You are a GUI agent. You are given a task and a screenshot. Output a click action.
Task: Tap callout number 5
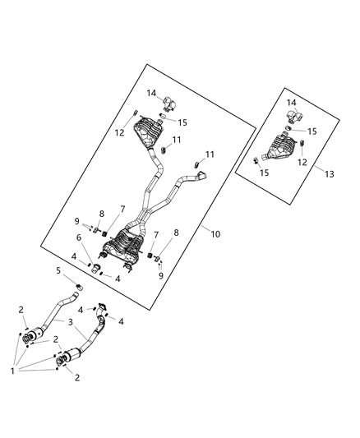(x=58, y=270)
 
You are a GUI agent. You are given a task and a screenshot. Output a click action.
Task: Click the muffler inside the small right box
(x=279, y=149)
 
